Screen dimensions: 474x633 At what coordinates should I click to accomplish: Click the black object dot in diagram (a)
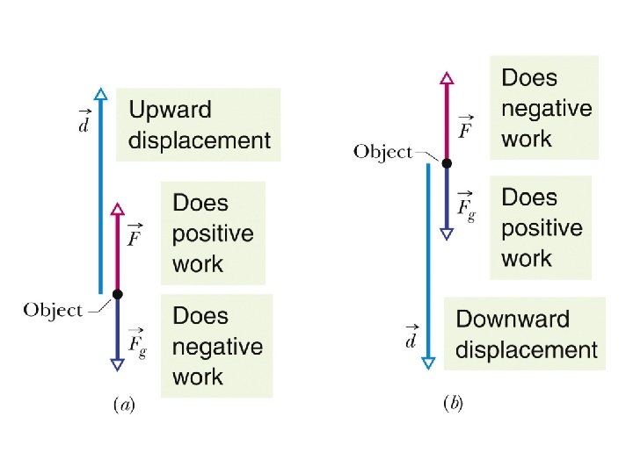(x=117, y=294)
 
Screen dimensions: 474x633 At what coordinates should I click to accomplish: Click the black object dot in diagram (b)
(x=447, y=163)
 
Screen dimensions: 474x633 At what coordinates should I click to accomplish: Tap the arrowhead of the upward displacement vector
(x=101, y=95)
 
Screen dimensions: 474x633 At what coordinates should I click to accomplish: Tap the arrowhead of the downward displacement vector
(x=428, y=363)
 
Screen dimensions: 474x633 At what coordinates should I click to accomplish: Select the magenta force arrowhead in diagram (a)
(x=117, y=210)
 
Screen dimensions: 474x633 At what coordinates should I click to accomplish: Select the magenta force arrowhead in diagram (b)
(x=447, y=79)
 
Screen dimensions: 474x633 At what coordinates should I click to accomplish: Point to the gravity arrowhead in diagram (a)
(x=117, y=363)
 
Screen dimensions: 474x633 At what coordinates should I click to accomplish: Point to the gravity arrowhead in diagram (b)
(x=447, y=233)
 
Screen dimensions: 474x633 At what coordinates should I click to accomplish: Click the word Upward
(x=170, y=111)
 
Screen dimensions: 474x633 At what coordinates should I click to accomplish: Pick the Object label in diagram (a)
(x=53, y=310)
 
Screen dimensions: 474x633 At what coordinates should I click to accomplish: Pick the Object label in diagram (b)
(x=382, y=152)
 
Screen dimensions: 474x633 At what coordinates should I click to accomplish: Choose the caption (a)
(x=123, y=406)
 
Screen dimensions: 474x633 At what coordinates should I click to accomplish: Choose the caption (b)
(x=453, y=404)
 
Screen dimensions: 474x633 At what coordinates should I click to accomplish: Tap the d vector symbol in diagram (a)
(x=83, y=124)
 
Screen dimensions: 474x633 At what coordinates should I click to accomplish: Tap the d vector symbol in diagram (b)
(x=411, y=337)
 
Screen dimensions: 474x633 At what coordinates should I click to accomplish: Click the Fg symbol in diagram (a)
(x=136, y=344)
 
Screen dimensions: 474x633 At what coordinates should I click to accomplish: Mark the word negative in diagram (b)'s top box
(x=546, y=109)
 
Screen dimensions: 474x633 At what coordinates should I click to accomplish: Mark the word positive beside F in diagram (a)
(x=213, y=234)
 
